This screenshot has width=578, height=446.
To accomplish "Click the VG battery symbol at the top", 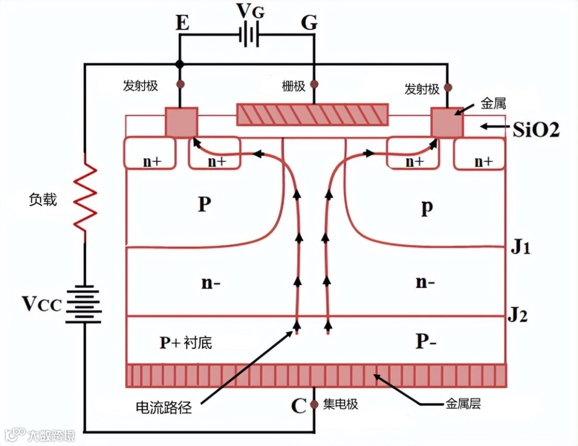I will click(x=249, y=36).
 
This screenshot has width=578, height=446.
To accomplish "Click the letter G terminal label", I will click(x=309, y=23).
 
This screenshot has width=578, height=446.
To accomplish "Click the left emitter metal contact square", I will click(x=181, y=122).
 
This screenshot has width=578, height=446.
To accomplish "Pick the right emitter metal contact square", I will click(x=447, y=122).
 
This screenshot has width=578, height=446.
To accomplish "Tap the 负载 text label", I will click(x=43, y=199).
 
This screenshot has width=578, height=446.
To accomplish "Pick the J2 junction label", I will click(x=518, y=316).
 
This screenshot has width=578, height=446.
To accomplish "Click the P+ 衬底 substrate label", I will click(x=186, y=342).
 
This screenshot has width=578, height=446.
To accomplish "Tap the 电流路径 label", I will click(x=164, y=407).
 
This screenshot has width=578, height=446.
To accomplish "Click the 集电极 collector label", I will click(x=341, y=404).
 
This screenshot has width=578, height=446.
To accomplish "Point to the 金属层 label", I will click(x=463, y=404).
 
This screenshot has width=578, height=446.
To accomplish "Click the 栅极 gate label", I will click(x=294, y=86).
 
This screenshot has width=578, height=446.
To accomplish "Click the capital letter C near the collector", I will click(x=298, y=406).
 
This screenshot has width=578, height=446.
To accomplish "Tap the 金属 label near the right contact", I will click(x=493, y=103).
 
